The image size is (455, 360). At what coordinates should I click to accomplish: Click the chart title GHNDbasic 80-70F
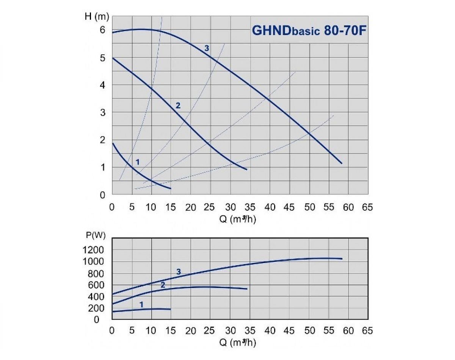pos(309,30)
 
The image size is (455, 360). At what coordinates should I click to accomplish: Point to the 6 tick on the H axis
pos(102,30)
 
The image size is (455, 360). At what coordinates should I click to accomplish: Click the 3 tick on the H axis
pos(102,113)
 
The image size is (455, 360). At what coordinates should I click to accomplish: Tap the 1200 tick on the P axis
pos(93,250)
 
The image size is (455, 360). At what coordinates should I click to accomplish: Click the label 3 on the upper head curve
pos(207,48)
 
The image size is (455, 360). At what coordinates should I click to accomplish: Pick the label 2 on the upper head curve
pos(178,105)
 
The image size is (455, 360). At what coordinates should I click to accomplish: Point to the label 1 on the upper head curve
pos(138,162)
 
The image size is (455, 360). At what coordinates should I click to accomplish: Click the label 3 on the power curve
pos(179,272)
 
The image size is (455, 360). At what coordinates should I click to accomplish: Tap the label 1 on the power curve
pos(141,304)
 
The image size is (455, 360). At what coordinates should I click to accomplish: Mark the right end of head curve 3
pos(342,163)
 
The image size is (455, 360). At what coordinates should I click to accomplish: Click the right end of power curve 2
pos(247,289)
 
